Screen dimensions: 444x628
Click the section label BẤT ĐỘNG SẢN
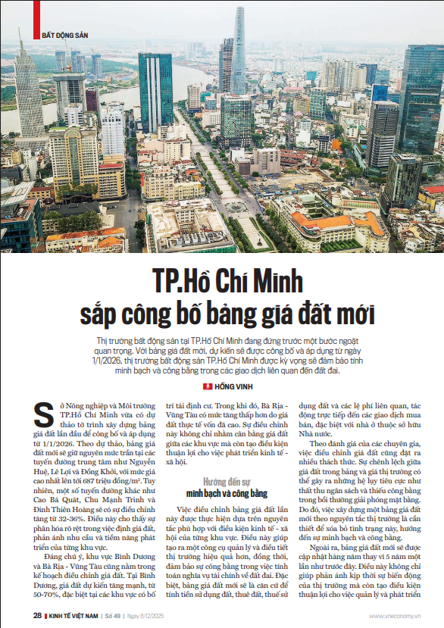click(x=64, y=35)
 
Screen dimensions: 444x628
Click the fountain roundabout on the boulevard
click(x=236, y=205)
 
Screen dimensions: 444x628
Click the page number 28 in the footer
click(x=37, y=615)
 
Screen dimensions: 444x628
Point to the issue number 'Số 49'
click(x=113, y=615)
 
